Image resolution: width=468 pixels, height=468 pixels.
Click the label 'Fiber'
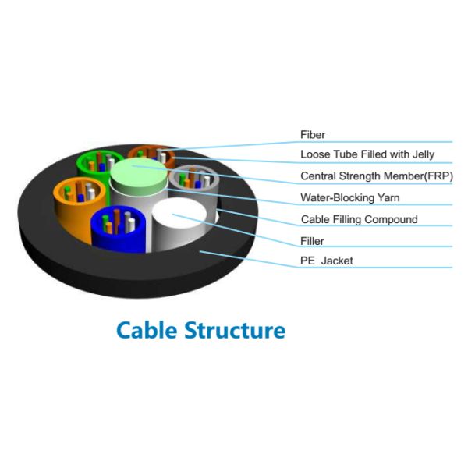pos(313,135)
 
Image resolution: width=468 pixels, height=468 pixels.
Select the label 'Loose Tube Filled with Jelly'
pos(367,154)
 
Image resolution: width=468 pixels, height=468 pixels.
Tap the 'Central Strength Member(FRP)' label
pos(376,175)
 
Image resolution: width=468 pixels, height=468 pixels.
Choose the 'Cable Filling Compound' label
pos(359,219)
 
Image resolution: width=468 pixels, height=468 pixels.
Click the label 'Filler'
pos(312,241)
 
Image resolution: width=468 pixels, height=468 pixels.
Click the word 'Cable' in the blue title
pos(147,329)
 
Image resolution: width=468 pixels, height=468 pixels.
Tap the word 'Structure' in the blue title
pos(235,329)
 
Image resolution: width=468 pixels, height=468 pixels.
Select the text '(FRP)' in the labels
pos(437,175)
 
